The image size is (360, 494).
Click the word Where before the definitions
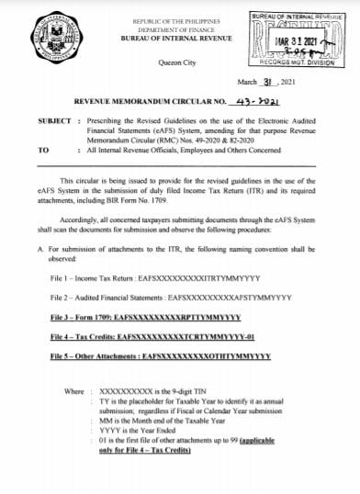(73, 391)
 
